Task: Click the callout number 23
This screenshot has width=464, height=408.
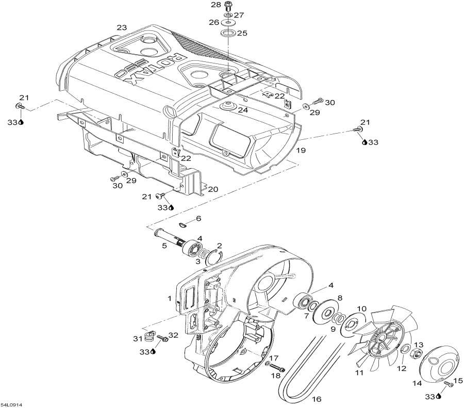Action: (x=121, y=27)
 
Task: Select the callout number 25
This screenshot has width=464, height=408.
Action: (x=242, y=33)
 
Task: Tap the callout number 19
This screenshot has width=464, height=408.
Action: (x=301, y=151)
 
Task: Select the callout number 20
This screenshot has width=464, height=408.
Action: (x=212, y=189)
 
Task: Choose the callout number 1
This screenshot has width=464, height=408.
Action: (x=170, y=298)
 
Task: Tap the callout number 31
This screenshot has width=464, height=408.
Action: (x=137, y=338)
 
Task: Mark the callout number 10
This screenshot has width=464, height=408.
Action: (x=361, y=308)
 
